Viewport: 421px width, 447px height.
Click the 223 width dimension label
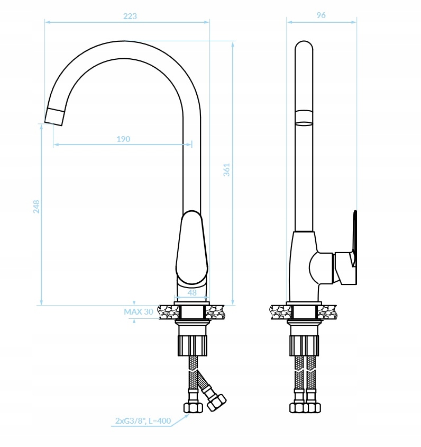coord(130,16)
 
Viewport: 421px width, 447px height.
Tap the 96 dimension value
coord(321,15)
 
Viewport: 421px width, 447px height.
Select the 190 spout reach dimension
coord(123,139)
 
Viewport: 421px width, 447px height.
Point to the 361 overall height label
coord(226,169)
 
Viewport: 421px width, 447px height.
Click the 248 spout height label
coord(36,207)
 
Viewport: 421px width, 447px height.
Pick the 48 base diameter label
coord(192,292)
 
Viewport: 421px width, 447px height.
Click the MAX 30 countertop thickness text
coord(139,311)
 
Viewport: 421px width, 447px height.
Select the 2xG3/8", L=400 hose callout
coord(143,421)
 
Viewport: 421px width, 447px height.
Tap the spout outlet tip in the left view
coord(54,117)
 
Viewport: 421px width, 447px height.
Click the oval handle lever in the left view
coord(192,247)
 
